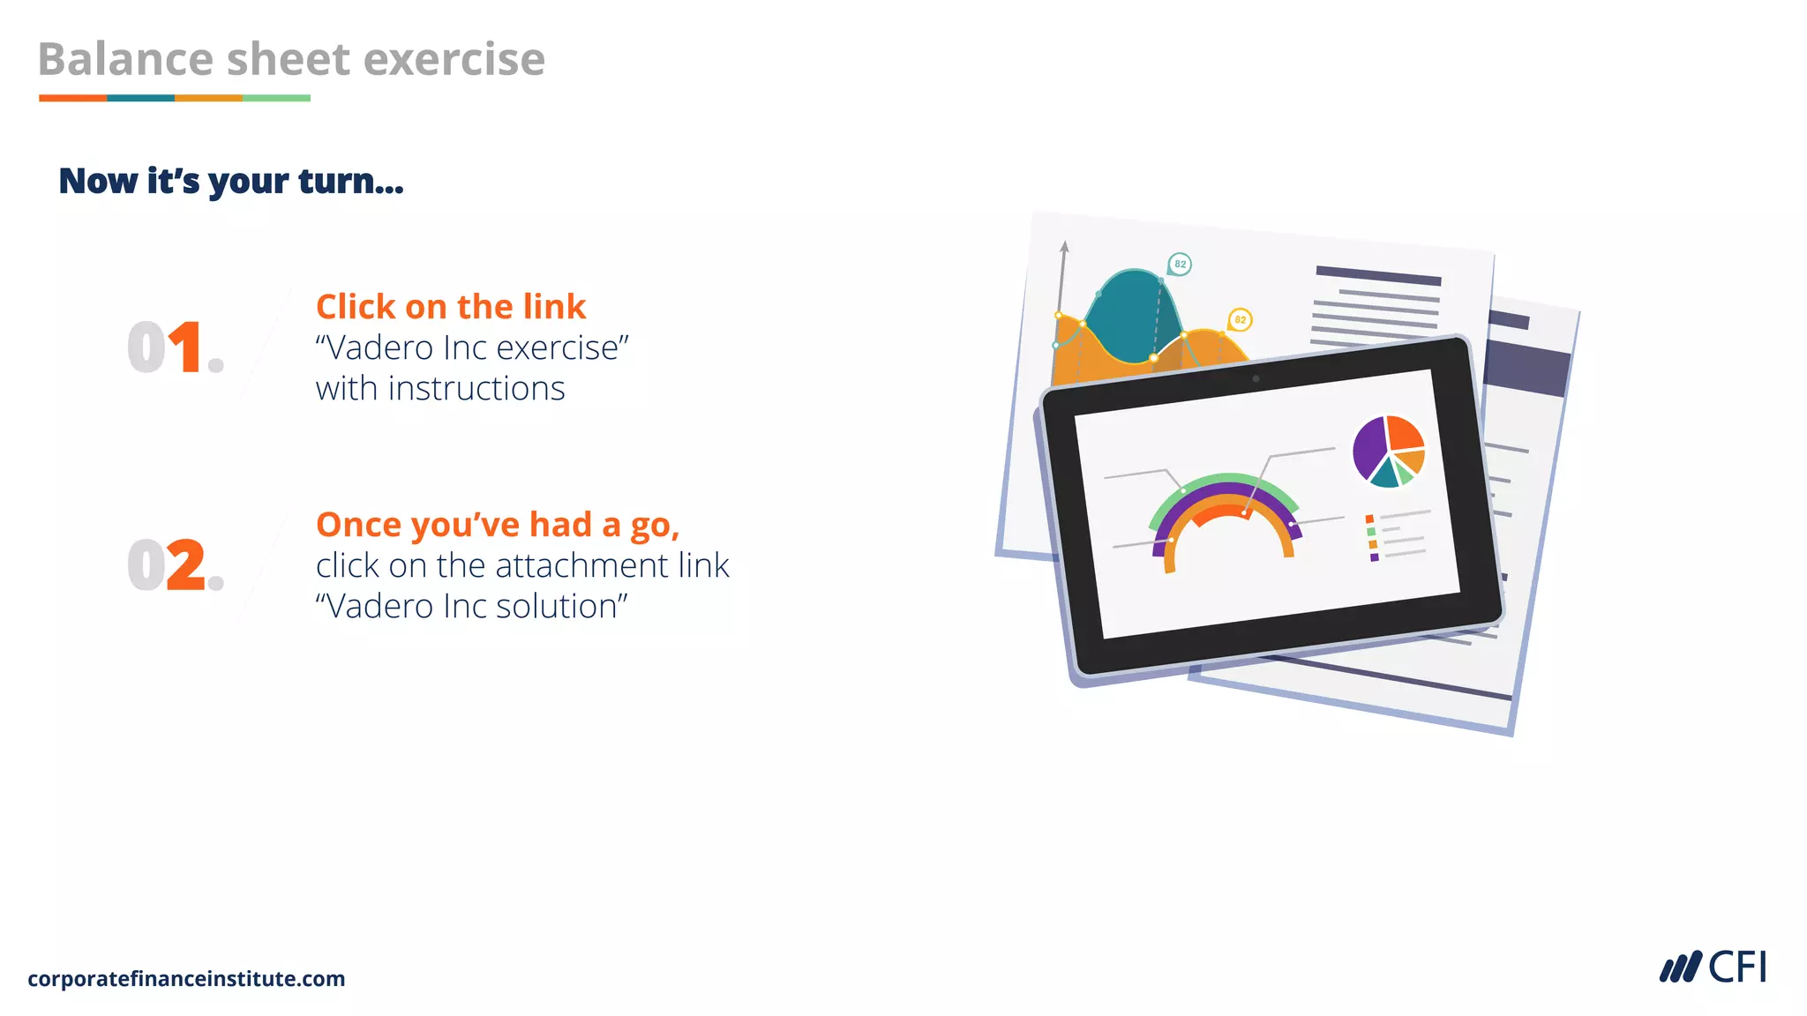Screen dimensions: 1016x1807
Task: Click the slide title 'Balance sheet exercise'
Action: pyautogui.click(x=291, y=60)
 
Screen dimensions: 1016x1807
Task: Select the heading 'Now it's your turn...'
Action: pyautogui.click(x=231, y=181)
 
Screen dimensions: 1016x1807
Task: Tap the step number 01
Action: pyautogui.click(x=175, y=347)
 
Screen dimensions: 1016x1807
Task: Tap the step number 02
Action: pyautogui.click(x=175, y=565)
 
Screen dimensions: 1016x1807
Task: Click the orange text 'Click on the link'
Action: pyautogui.click(x=450, y=307)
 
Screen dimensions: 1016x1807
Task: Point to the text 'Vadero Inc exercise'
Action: pyautogui.click(x=472, y=348)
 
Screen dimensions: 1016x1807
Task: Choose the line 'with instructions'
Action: pyautogui.click(x=440, y=389)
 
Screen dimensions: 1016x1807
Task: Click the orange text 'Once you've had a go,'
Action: pyautogui.click(x=498, y=525)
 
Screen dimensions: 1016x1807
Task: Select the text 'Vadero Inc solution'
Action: pyautogui.click(x=472, y=607)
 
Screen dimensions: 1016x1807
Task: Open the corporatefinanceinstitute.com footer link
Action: pyautogui.click(x=186, y=979)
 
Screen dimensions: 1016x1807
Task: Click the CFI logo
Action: pyautogui.click(x=1713, y=967)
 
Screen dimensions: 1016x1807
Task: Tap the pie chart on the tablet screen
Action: pyautogui.click(x=1389, y=451)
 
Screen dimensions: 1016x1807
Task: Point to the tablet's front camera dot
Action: pyautogui.click(x=1256, y=379)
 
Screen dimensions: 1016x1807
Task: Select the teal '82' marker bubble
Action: pyautogui.click(x=1180, y=264)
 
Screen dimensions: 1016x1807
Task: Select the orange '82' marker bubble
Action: pyautogui.click(x=1240, y=319)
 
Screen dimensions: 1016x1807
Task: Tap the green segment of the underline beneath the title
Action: pyautogui.click(x=276, y=98)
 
